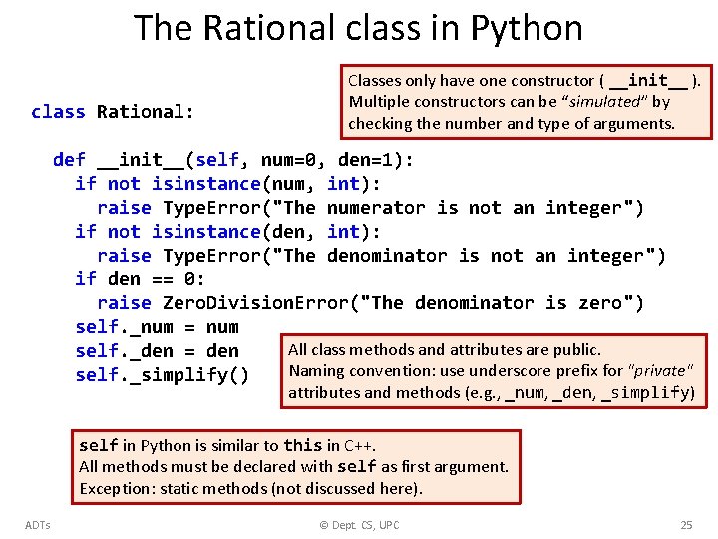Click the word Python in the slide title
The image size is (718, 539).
[530, 28]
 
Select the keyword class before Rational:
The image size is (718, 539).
[58, 112]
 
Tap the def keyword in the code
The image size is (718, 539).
[69, 160]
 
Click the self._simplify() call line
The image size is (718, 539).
[162, 375]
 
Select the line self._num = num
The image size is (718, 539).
[157, 327]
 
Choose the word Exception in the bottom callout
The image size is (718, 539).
[110, 488]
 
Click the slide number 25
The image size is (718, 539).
[686, 525]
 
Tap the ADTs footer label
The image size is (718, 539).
[38, 525]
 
